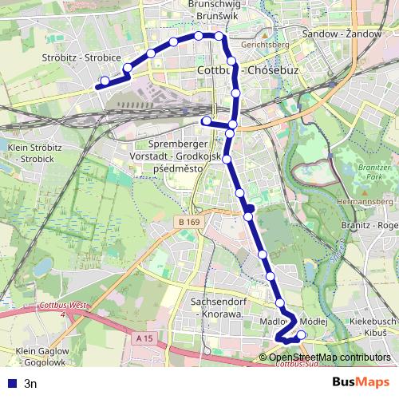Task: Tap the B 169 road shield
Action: click(x=188, y=221)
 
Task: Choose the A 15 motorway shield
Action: click(x=144, y=338)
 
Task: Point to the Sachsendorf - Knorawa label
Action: click(x=217, y=308)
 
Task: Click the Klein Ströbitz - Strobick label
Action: click(x=35, y=153)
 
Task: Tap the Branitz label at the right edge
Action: click(x=378, y=226)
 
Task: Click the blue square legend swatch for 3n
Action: click(x=10, y=382)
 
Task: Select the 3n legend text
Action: click(x=31, y=382)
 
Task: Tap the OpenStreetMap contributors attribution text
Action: click(x=329, y=357)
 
